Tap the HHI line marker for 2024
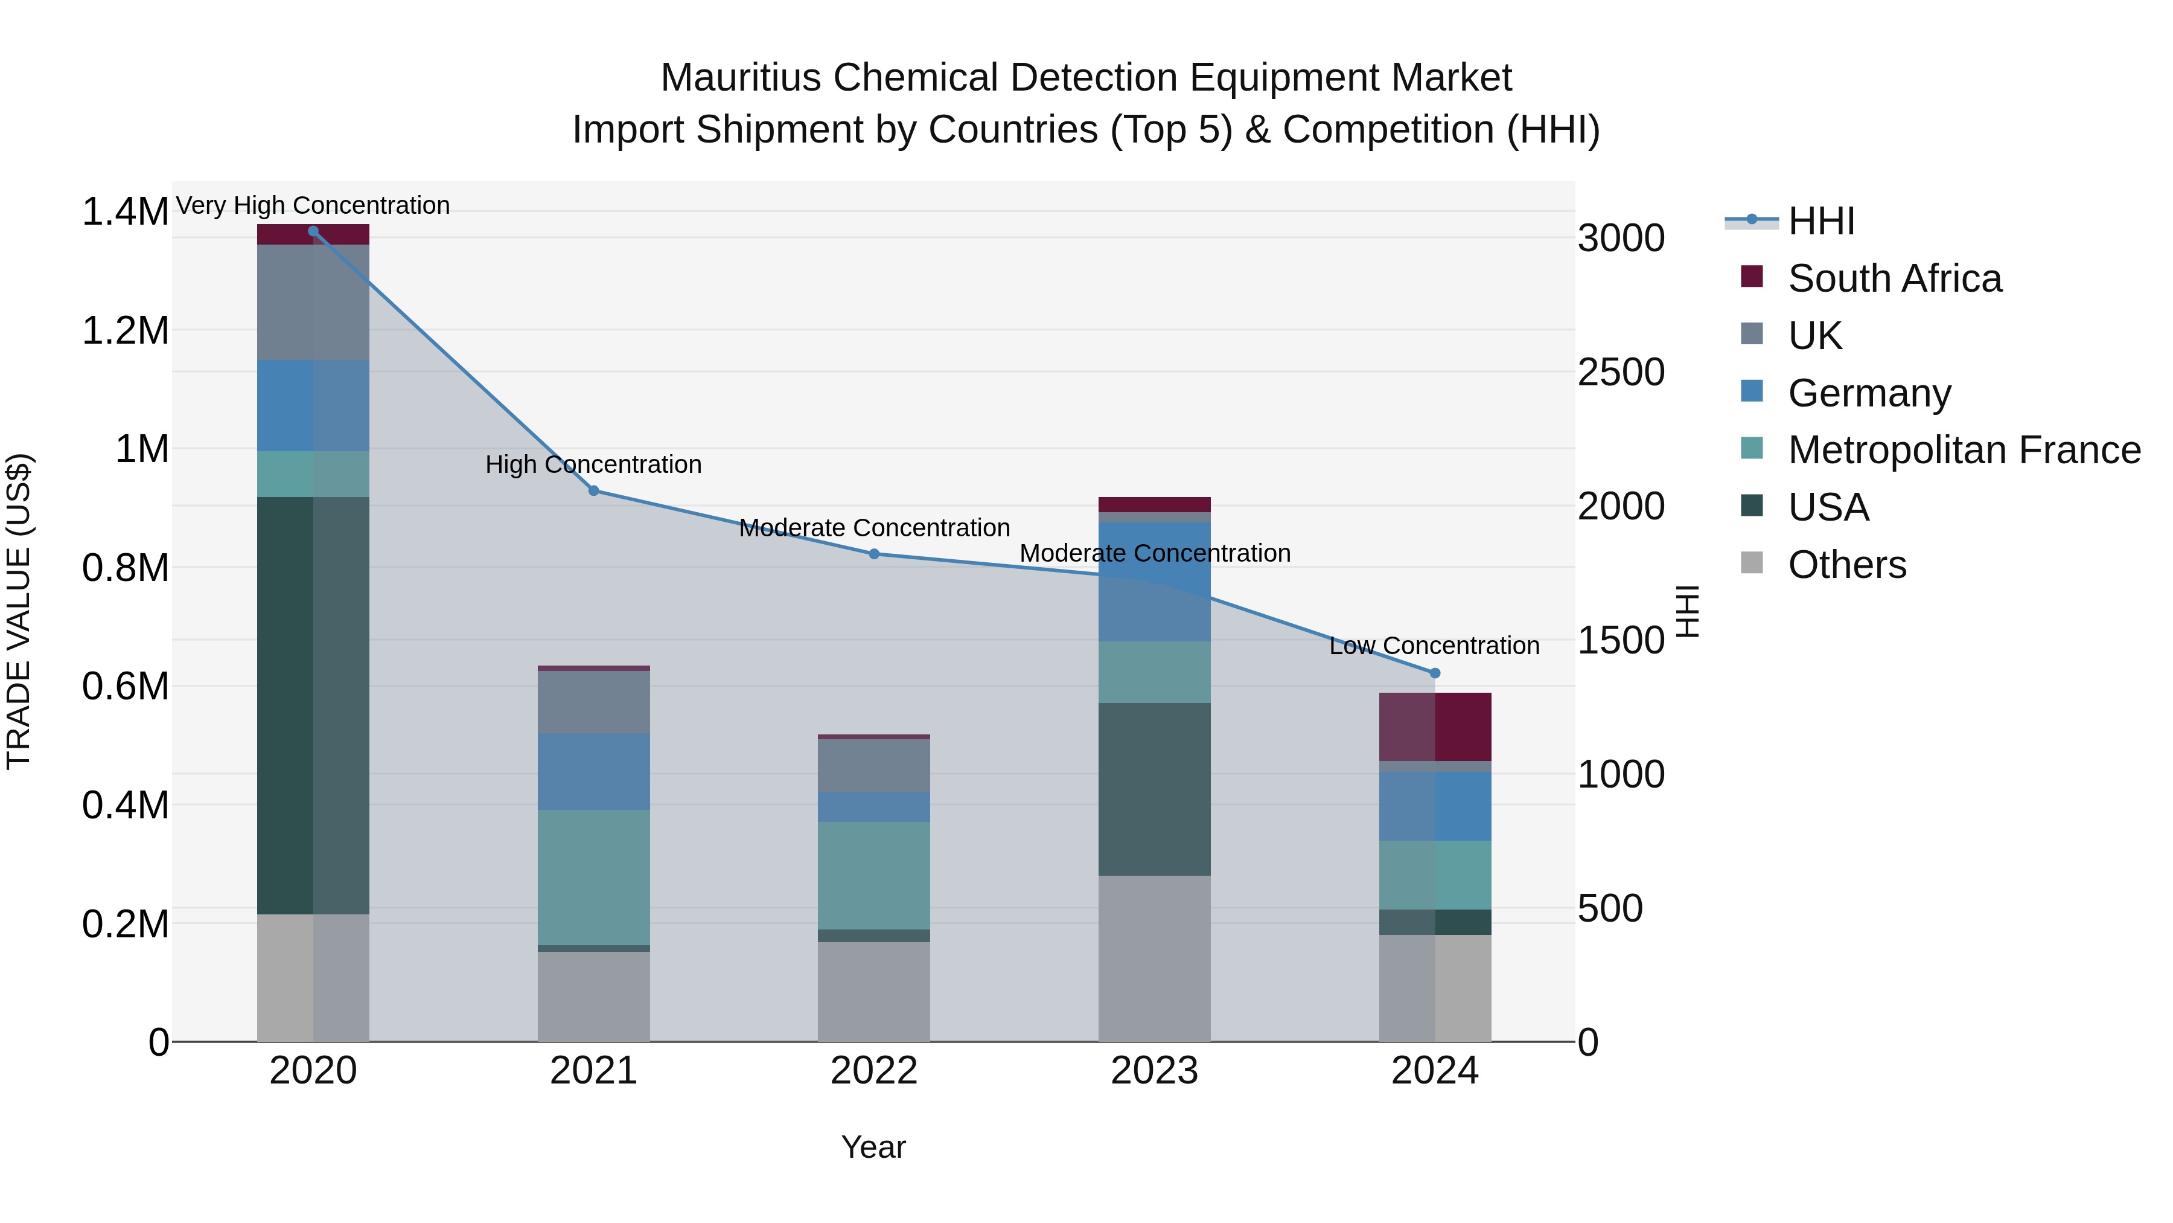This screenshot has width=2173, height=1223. click(x=1435, y=673)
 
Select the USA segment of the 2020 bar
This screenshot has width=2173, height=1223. click(x=313, y=705)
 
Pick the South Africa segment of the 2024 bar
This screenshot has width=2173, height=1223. click(x=1435, y=727)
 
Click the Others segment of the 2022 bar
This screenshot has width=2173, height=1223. click(x=874, y=991)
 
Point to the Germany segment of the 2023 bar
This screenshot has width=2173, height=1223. click(x=1154, y=582)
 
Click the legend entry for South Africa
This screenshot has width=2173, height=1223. click(x=1894, y=278)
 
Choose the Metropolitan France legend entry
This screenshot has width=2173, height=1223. click(x=1963, y=450)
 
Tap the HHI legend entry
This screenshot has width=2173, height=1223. click(x=1820, y=221)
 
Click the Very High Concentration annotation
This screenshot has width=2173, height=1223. click(x=313, y=205)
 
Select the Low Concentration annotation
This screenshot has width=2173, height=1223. click(x=1434, y=646)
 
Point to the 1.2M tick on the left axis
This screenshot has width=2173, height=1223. click(x=125, y=331)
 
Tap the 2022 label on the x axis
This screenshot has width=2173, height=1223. click(x=874, y=1071)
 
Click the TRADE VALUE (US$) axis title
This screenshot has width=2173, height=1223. click(x=19, y=611)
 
